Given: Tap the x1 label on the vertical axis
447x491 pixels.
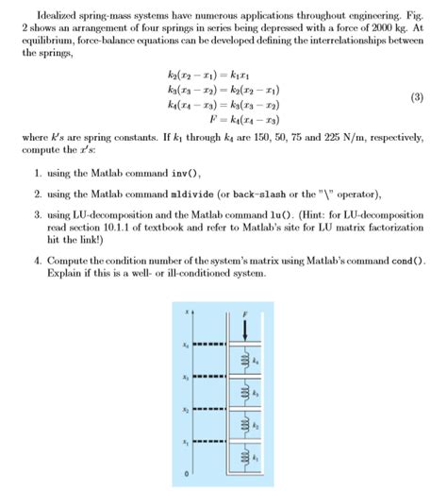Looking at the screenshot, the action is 186,443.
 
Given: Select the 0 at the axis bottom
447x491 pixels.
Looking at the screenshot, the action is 186,471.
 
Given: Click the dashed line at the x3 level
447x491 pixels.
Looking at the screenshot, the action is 207,380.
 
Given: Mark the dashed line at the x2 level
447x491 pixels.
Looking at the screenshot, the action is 207,412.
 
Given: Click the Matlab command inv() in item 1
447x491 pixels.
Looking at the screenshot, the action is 185,175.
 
